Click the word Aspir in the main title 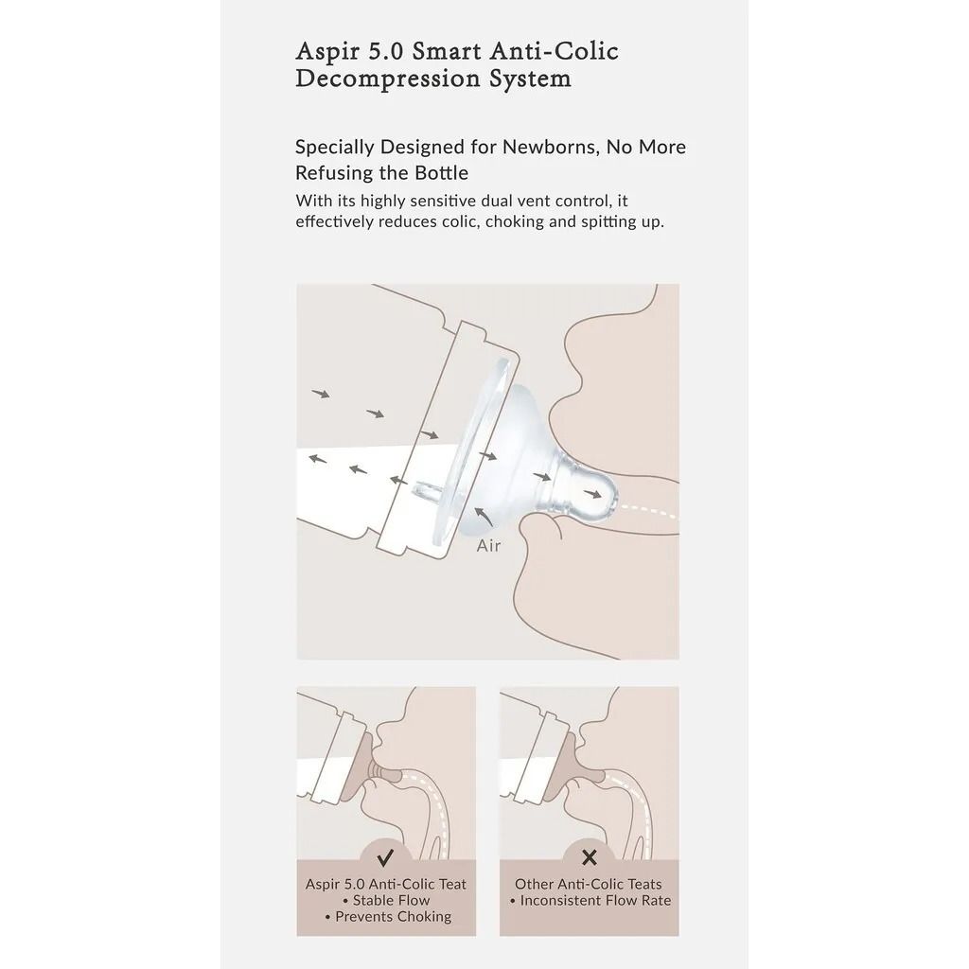pyautogui.click(x=327, y=52)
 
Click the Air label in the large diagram pyautogui.click(x=488, y=546)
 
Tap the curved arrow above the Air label pyautogui.click(x=484, y=517)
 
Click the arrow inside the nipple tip pyautogui.click(x=592, y=494)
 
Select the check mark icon pyautogui.click(x=385, y=857)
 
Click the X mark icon pyautogui.click(x=590, y=857)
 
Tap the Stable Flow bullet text pyautogui.click(x=386, y=901)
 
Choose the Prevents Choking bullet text pyautogui.click(x=387, y=916)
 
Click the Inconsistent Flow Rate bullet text pyautogui.click(x=590, y=901)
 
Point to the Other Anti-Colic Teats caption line pyautogui.click(x=589, y=885)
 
